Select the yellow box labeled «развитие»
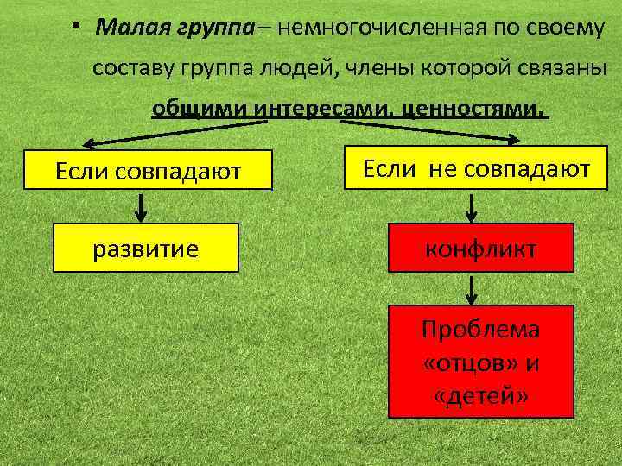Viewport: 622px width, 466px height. tap(146, 249)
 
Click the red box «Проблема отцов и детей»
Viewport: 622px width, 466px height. tap(481, 362)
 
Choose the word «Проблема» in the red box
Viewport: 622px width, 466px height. tap(480, 329)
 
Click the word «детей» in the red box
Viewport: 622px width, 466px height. tap(481, 395)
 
